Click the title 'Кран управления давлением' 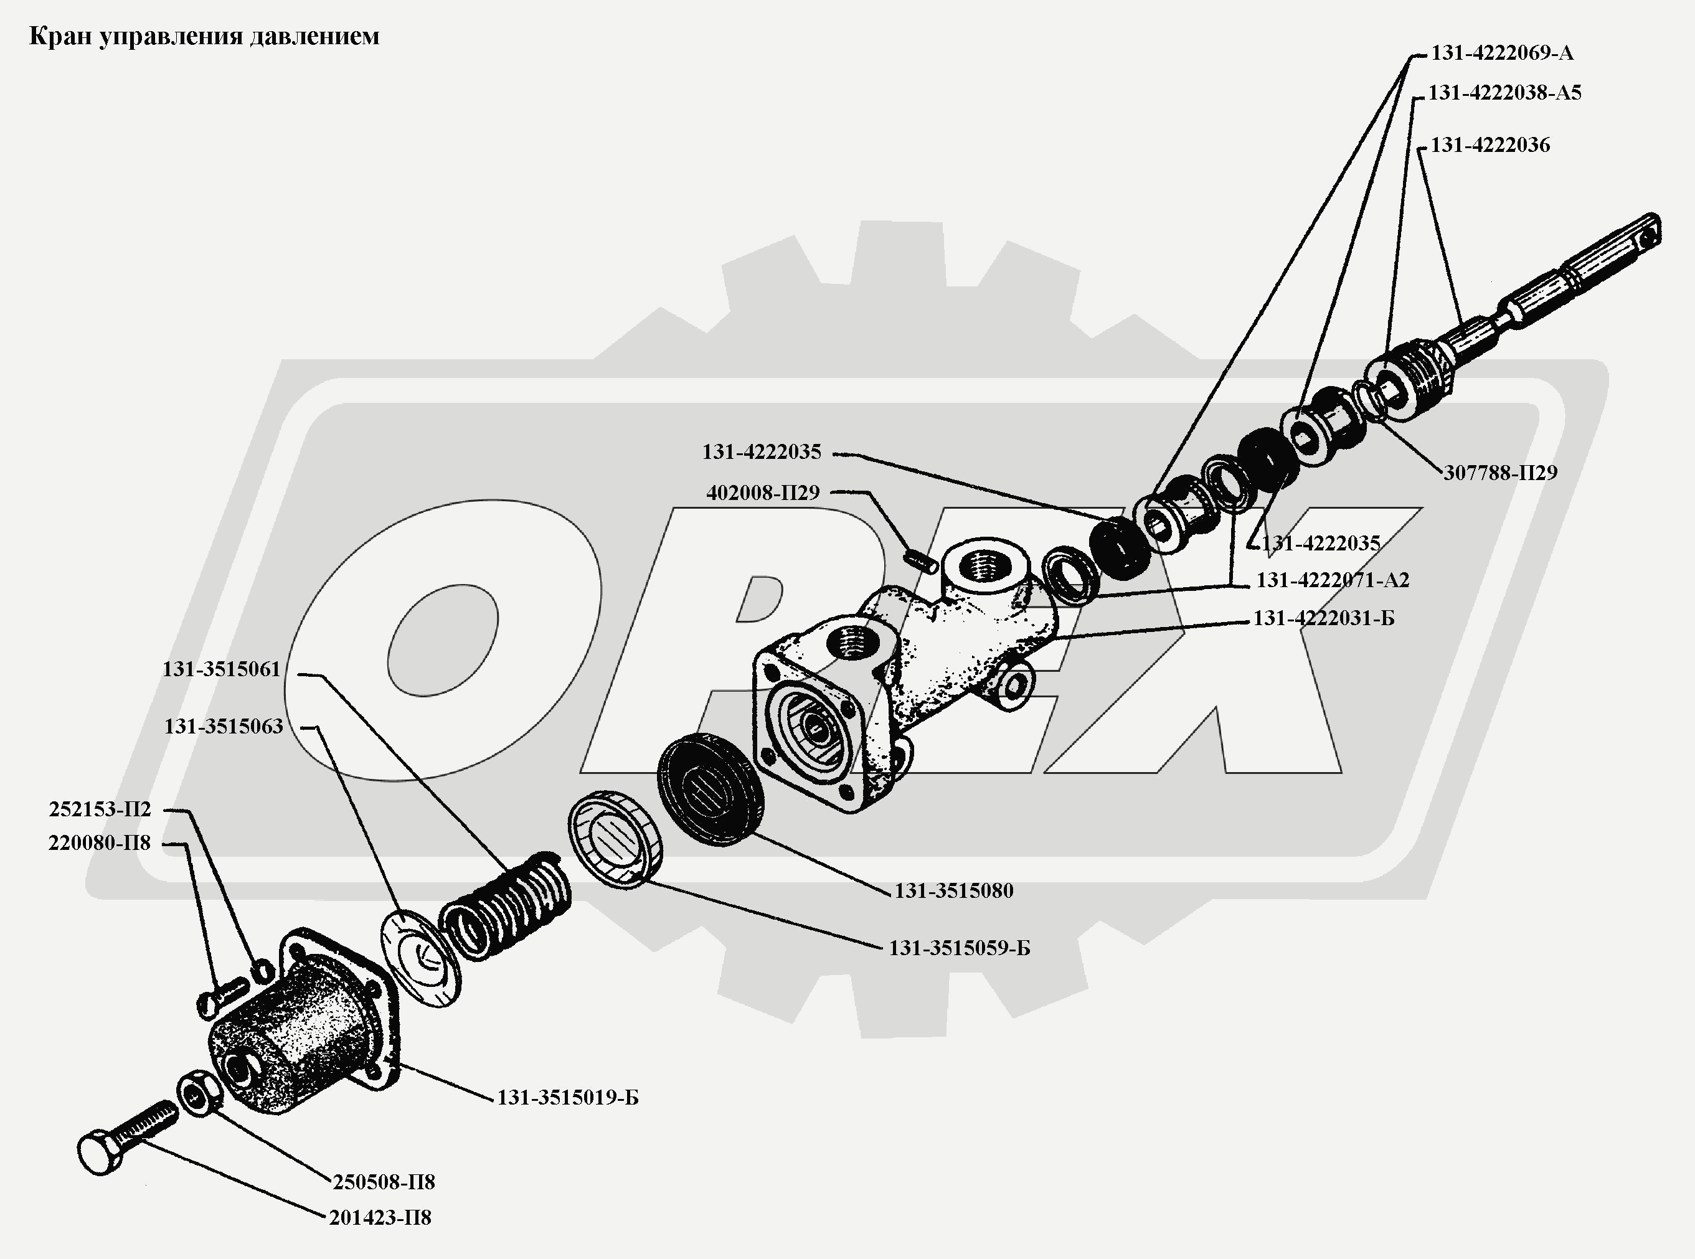coord(204,37)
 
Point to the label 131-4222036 coord(1490,145)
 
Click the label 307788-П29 coord(1500,473)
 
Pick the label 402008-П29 coord(763,493)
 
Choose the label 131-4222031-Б coord(1324,618)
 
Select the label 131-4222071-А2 coord(1332,580)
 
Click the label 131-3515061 coord(221,669)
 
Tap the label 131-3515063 coord(224,726)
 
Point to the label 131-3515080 coord(953,890)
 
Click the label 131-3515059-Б coord(959,948)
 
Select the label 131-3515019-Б coord(568,1098)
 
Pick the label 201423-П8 coord(380,1218)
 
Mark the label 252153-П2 coord(100,809)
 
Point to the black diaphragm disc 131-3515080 coord(709,789)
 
